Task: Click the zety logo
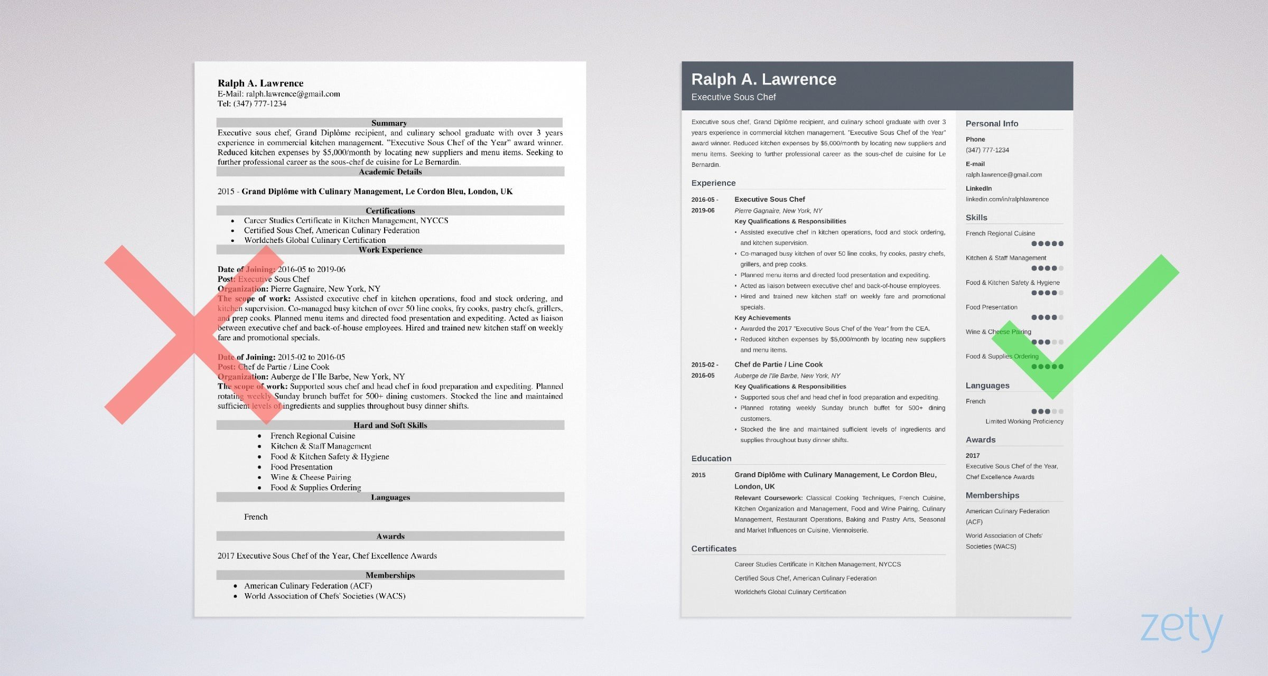tap(1181, 628)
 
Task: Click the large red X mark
tap(194, 335)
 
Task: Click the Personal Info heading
tap(992, 124)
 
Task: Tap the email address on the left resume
tap(293, 94)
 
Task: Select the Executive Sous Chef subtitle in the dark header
tap(733, 97)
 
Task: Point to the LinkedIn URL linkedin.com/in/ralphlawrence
tap(1007, 199)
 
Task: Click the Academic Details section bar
tap(390, 172)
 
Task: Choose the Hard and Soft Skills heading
tap(390, 425)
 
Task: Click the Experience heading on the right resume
tap(713, 183)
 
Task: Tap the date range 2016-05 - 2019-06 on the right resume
tap(704, 205)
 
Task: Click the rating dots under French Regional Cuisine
tap(1047, 244)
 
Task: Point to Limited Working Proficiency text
tap(1024, 421)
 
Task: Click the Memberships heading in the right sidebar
tap(992, 495)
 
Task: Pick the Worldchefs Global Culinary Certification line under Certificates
tap(790, 592)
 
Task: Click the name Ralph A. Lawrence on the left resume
tap(260, 83)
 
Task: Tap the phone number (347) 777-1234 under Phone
tap(987, 150)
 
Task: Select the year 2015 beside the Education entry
tap(698, 475)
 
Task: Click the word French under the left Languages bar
tap(256, 517)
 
